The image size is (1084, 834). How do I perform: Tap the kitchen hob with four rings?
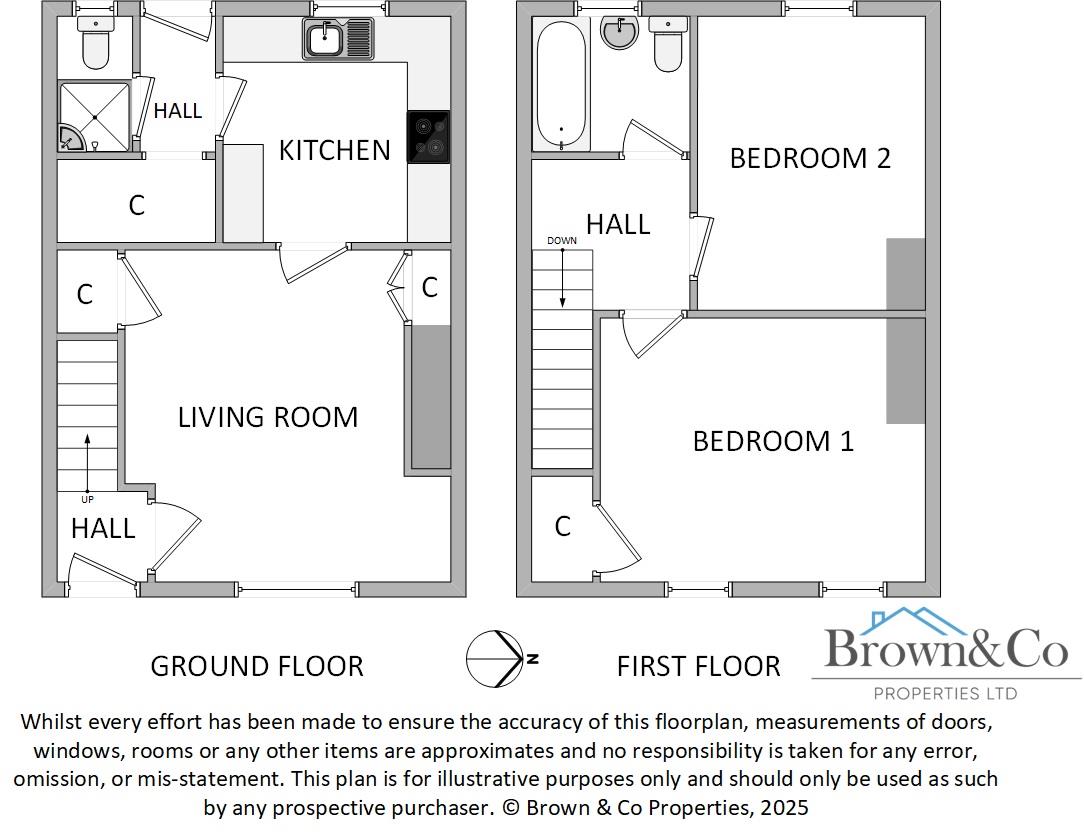pyautogui.click(x=428, y=137)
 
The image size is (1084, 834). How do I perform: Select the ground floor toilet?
pyautogui.click(x=95, y=47)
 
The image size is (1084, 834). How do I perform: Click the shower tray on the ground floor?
pyautogui.click(x=94, y=117)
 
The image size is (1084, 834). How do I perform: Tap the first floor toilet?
pyautogui.click(x=667, y=47)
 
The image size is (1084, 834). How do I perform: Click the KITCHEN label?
pyautogui.click(x=334, y=150)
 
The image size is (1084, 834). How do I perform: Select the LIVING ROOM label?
pyautogui.click(x=267, y=417)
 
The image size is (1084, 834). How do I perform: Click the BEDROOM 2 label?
pyautogui.click(x=809, y=158)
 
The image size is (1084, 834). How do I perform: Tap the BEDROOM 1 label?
pyautogui.click(x=773, y=441)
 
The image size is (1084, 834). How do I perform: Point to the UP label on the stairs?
pyautogui.click(x=87, y=498)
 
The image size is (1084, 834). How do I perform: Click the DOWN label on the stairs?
pyautogui.click(x=561, y=241)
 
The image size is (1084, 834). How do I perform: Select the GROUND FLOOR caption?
pyautogui.click(x=256, y=666)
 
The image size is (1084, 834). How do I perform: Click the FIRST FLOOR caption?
pyautogui.click(x=698, y=666)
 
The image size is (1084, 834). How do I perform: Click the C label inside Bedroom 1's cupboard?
pyautogui.click(x=562, y=526)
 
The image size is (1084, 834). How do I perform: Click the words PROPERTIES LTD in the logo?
pyautogui.click(x=945, y=693)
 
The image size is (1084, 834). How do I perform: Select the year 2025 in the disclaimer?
pyautogui.click(x=780, y=807)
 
